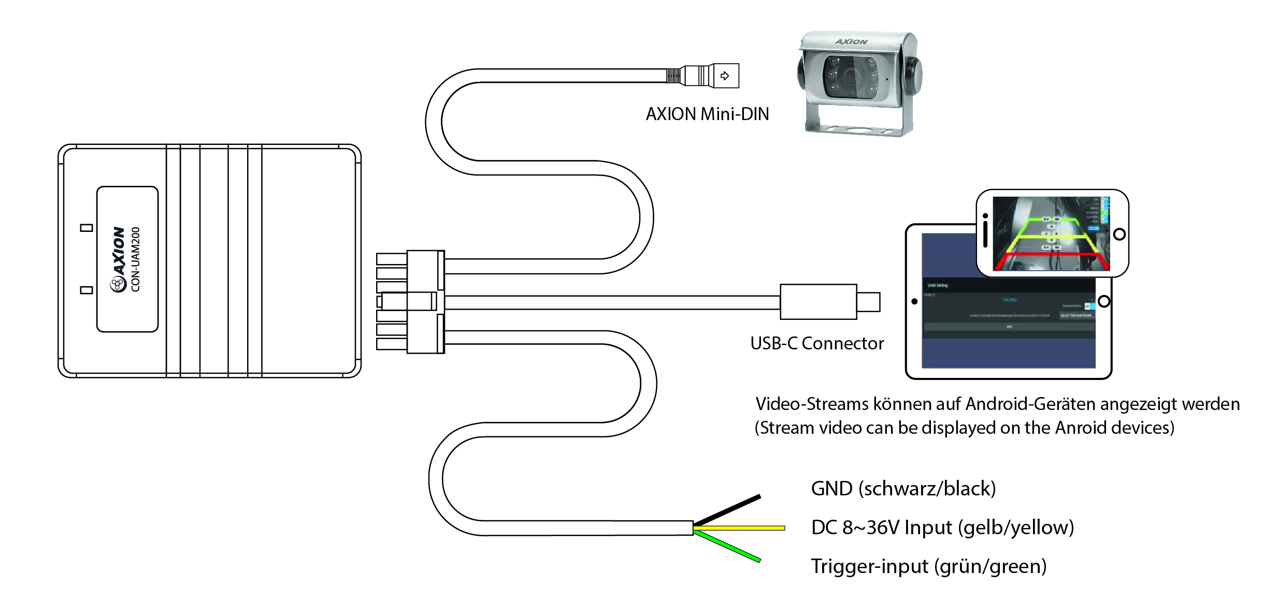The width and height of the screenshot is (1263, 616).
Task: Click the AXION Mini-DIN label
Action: tap(707, 114)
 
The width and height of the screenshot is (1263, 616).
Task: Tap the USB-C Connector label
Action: tap(817, 344)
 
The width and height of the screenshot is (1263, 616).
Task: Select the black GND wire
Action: tap(728, 510)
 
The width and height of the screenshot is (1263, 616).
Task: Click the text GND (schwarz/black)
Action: tap(903, 489)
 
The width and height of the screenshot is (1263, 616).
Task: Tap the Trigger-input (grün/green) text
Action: tap(928, 566)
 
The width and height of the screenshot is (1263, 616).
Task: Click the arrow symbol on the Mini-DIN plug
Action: tap(725, 76)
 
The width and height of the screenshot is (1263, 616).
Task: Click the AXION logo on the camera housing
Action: tap(851, 42)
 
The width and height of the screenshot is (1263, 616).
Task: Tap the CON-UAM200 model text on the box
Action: tap(136, 259)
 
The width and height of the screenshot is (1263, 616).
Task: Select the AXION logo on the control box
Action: tap(119, 259)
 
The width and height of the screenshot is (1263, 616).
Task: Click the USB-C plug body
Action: tap(818, 302)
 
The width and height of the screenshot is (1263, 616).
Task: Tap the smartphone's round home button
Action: tap(1119, 234)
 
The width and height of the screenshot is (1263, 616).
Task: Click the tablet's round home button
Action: tap(1103, 301)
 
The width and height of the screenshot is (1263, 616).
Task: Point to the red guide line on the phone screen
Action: tap(1052, 255)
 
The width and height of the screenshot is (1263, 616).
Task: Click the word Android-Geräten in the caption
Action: tap(1031, 404)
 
